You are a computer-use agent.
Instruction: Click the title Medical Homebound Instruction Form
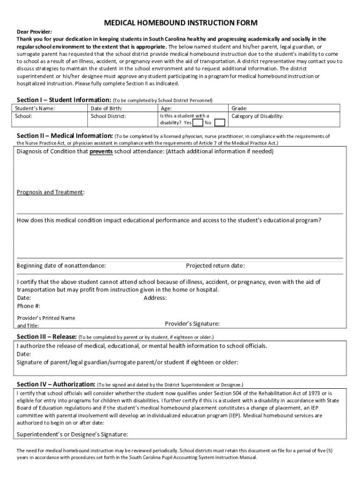click(x=180, y=23)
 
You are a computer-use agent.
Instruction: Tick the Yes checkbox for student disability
click(x=198, y=123)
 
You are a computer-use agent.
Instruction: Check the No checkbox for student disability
click(x=220, y=123)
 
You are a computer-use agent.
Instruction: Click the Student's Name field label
click(x=35, y=109)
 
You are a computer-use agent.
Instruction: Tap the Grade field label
click(x=239, y=109)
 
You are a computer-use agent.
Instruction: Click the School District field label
click(x=108, y=116)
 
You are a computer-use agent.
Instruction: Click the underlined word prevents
click(x=101, y=152)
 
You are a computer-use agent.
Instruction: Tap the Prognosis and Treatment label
click(x=50, y=192)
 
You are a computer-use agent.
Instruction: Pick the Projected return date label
click(x=215, y=266)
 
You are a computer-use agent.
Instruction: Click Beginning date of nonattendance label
click(x=61, y=266)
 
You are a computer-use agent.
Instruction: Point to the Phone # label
click(x=29, y=306)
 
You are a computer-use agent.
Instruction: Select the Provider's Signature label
click(x=192, y=324)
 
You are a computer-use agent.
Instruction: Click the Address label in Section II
click(x=155, y=298)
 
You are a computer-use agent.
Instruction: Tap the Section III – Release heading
click(x=46, y=336)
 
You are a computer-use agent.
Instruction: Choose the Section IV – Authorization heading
click(x=56, y=384)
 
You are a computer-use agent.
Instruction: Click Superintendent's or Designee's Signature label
click(x=72, y=434)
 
